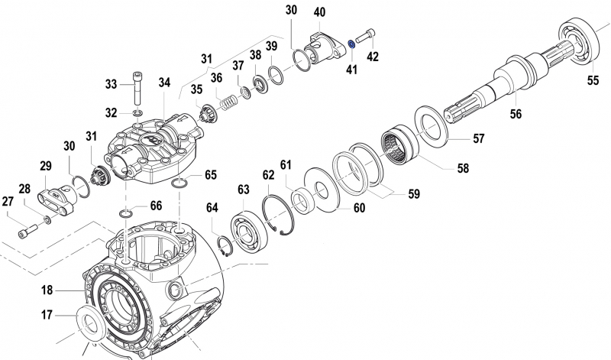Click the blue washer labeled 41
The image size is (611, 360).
click(350, 44)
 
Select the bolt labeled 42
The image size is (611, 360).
click(366, 37)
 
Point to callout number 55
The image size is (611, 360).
click(593, 79)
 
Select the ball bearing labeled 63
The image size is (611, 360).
click(247, 231)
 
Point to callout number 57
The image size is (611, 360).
click(479, 139)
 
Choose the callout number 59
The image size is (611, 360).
click(413, 194)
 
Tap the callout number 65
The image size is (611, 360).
click(210, 175)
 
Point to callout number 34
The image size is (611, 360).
click(165, 83)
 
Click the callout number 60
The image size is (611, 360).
click(359, 207)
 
